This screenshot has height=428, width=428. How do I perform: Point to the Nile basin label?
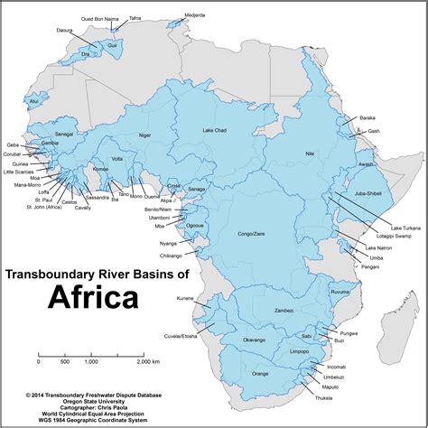click(x=310, y=154)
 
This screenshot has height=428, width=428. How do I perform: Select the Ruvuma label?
click(x=340, y=293)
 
